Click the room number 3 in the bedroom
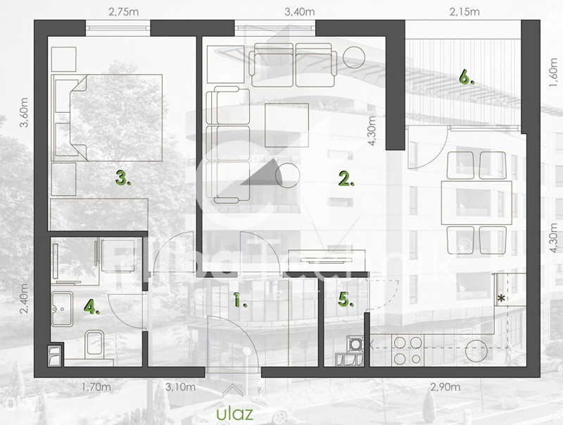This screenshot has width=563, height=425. tap(123, 180)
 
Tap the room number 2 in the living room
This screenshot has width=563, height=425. tap(346, 179)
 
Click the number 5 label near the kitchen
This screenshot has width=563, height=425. tap(344, 300)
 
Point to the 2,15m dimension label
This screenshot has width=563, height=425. tap(464, 11)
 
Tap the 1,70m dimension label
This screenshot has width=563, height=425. tap(97, 386)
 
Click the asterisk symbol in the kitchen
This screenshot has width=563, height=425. tap(500, 299)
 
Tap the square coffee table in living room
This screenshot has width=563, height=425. tap(286, 123)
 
